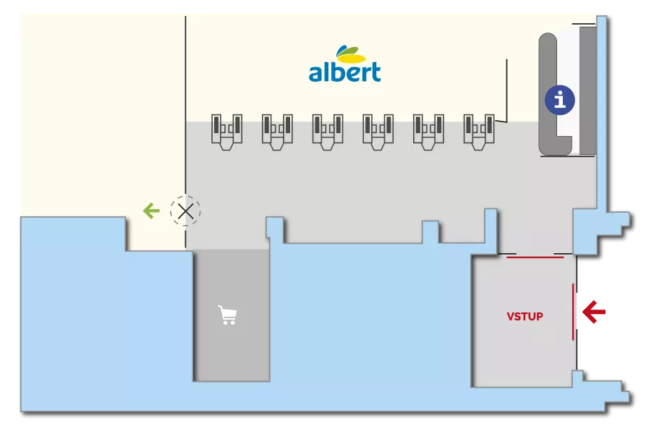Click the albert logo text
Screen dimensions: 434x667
(x=344, y=72)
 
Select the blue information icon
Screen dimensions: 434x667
(x=559, y=100)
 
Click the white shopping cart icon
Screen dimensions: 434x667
(x=228, y=315)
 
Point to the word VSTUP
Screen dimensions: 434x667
(x=524, y=317)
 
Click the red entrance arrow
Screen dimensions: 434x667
(x=595, y=312)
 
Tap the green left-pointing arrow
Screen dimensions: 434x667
(x=151, y=211)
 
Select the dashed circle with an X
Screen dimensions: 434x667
(x=185, y=211)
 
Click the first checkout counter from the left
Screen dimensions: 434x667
(x=226, y=132)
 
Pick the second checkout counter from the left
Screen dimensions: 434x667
(x=277, y=132)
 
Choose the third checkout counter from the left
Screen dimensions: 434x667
(x=328, y=132)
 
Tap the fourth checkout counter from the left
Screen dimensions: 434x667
(x=378, y=132)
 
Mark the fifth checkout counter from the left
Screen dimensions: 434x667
(x=428, y=132)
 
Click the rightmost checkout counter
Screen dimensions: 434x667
(x=478, y=132)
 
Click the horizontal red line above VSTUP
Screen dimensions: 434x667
(x=535, y=256)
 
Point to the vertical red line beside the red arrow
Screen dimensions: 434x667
(x=574, y=312)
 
